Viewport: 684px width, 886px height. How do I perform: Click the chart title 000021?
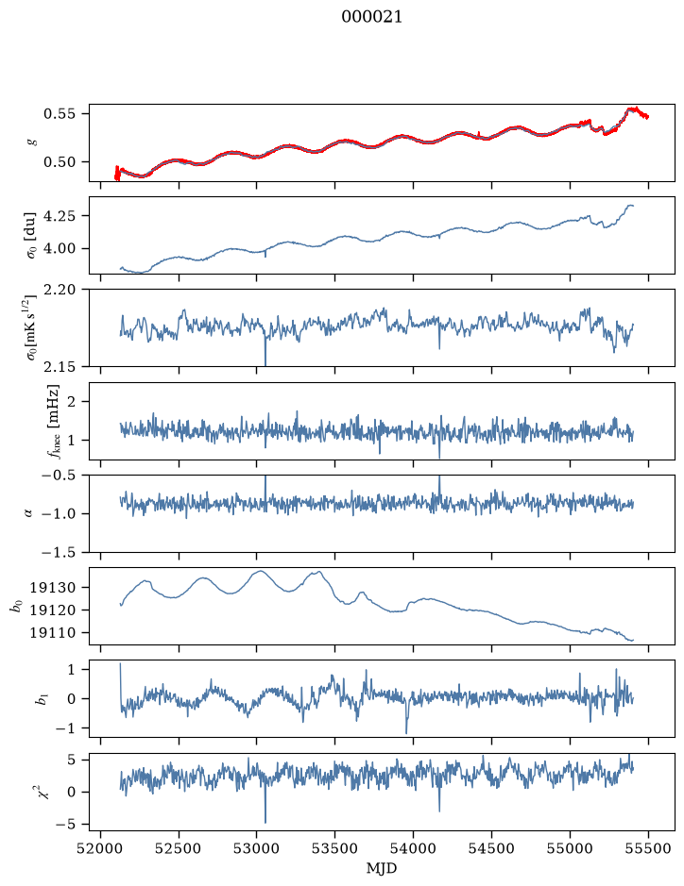click(371, 17)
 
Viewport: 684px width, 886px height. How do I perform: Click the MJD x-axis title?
click(382, 868)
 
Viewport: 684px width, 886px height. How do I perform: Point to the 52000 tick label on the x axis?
click(101, 848)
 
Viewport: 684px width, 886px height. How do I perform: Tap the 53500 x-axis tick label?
click(335, 848)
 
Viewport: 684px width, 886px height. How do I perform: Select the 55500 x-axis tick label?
click(648, 848)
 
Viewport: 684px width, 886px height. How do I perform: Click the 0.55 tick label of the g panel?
click(60, 113)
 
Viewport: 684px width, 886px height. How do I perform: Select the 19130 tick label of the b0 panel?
click(53, 588)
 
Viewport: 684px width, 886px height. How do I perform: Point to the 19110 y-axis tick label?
click(53, 633)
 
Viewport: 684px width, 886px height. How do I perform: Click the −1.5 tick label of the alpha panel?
click(59, 552)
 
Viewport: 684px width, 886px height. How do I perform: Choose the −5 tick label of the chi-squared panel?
click(65, 825)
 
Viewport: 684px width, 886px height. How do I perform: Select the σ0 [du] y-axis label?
click(32, 235)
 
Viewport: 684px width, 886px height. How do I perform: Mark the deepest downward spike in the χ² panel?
click(265, 821)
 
